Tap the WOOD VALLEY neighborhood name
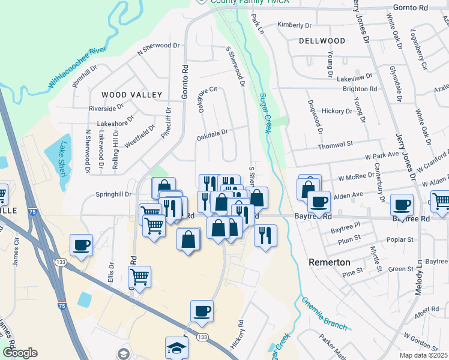click(131, 95)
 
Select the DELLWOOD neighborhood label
click(322, 41)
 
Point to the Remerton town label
click(330, 262)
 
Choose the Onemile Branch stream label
click(324, 313)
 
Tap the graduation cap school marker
click(176, 348)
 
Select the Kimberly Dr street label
click(294, 25)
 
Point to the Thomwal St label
click(336, 145)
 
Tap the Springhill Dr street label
click(113, 194)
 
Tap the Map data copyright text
click(423, 355)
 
